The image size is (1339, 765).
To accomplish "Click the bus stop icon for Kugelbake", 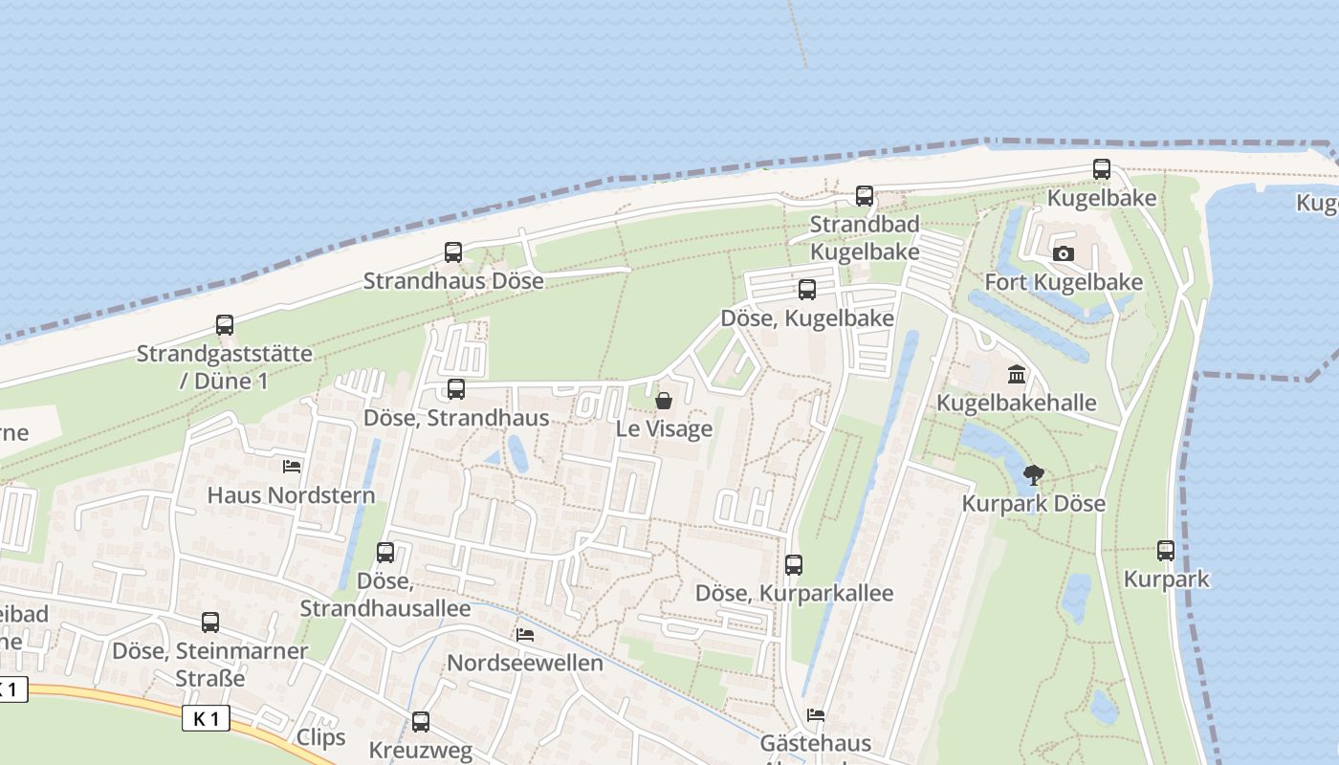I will point(1102,169).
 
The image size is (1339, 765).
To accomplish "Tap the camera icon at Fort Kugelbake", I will point(1063,253).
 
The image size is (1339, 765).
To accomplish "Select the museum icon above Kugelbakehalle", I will point(1017,374).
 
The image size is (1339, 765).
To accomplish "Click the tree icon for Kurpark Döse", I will point(1033,474).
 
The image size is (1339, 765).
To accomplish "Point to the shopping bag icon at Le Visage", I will point(664,401).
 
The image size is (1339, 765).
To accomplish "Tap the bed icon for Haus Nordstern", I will point(292,467).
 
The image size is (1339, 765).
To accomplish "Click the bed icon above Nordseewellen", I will point(525,634).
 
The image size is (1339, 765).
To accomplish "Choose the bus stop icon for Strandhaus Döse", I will point(453,252).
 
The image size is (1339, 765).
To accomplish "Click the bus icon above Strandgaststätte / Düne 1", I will point(225,325).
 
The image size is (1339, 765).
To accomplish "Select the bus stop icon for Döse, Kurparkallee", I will point(794,565).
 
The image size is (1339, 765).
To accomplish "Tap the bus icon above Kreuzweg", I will point(421,722).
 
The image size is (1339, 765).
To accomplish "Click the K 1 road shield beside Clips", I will point(206,718).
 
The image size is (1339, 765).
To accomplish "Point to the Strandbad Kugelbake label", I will point(865,238).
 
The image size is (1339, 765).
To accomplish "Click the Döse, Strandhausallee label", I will point(385,595).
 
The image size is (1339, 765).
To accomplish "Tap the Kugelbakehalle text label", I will point(1016,403).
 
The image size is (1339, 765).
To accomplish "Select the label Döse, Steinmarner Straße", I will point(210,665).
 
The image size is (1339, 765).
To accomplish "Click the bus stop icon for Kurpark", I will point(1166,551).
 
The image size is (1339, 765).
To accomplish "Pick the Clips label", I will point(320,737).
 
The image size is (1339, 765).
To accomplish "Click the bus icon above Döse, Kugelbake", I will point(807,290).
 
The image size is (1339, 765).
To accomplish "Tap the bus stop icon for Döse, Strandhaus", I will point(456,389).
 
